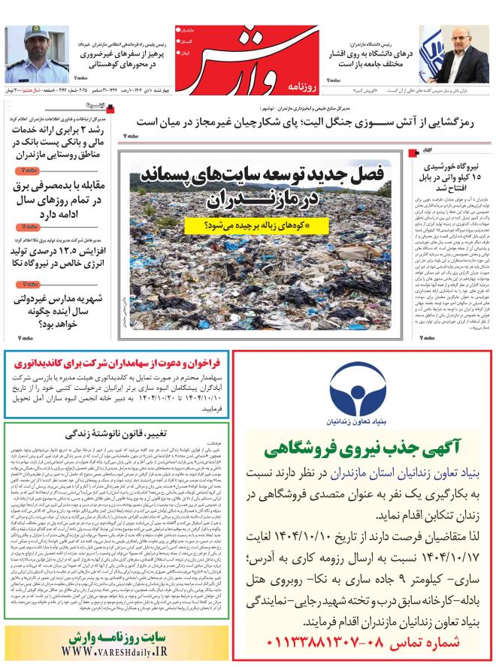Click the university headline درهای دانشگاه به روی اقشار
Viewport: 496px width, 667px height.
pos(365,59)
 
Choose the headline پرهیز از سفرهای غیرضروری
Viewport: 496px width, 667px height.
pos(120,59)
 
